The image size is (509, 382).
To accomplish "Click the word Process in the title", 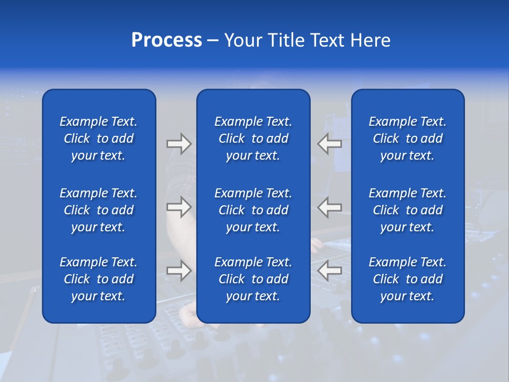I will click(x=166, y=40).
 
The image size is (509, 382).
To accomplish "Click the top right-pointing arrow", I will click(x=179, y=144).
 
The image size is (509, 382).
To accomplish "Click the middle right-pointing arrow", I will click(x=179, y=207).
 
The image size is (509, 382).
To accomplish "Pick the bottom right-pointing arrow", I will click(x=179, y=271).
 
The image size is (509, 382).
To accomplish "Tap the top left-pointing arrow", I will click(x=329, y=144).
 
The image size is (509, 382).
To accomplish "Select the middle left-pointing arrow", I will click(x=329, y=207).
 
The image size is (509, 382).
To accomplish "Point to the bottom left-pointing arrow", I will click(x=329, y=271).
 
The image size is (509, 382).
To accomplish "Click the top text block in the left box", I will click(x=99, y=138).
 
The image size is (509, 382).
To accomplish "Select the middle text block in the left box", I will click(x=99, y=210).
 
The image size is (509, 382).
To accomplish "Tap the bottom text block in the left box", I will click(x=99, y=279).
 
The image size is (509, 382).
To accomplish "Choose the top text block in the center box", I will click(x=253, y=138).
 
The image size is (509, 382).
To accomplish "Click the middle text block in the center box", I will click(x=253, y=210).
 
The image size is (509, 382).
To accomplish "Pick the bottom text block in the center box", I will click(x=253, y=279).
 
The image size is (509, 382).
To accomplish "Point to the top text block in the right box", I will click(x=408, y=138).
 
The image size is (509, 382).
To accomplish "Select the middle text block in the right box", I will click(x=408, y=210).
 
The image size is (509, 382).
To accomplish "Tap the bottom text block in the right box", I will click(x=408, y=279).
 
